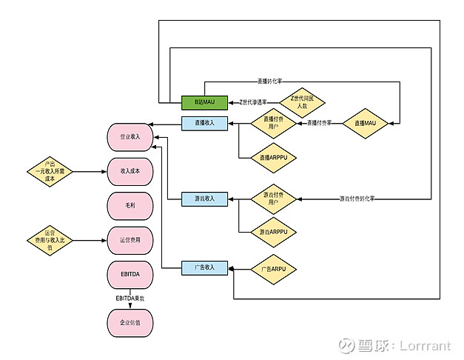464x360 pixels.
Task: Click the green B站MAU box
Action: pyautogui.click(x=205, y=101)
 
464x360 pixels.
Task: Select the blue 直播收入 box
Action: pyautogui.click(x=205, y=123)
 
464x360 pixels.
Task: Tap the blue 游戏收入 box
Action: pyautogui.click(x=205, y=199)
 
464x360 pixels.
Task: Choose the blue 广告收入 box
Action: pyautogui.click(x=205, y=267)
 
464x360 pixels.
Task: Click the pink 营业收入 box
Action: pyautogui.click(x=130, y=136)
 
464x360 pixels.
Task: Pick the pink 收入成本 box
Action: pyautogui.click(x=130, y=171)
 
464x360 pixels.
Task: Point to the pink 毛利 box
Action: pyautogui.click(x=130, y=205)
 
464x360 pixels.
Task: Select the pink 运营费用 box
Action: pyautogui.click(x=130, y=240)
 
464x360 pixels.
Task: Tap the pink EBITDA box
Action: pyautogui.click(x=130, y=275)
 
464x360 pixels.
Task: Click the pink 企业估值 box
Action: pyautogui.click(x=130, y=323)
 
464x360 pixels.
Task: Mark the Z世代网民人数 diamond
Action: pyautogui.click(x=302, y=101)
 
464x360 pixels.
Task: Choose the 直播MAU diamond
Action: pyautogui.click(x=365, y=123)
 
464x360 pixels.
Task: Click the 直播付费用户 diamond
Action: pyautogui.click(x=273, y=123)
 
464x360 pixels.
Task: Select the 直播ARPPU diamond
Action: pyautogui.click(x=273, y=157)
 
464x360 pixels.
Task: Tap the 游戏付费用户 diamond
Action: pyautogui.click(x=273, y=199)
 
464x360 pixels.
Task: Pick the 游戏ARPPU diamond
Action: pyautogui.click(x=273, y=233)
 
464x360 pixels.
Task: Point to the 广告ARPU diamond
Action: pyautogui.click(x=273, y=267)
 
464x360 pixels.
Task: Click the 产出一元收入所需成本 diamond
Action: pyautogui.click(x=50, y=171)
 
